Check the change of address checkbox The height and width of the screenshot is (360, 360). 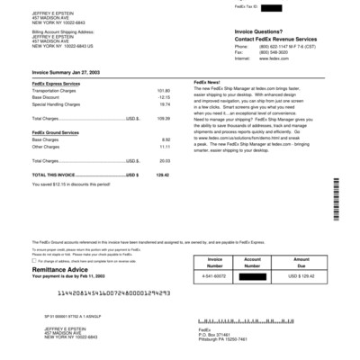(35, 259)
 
